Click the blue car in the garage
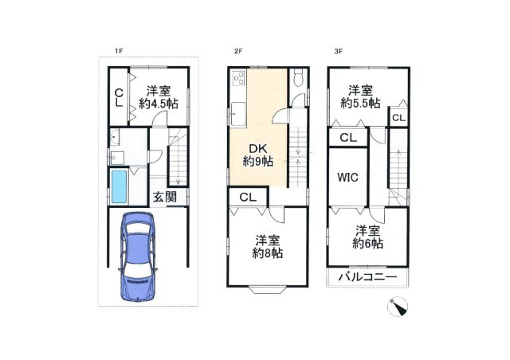[x=138, y=256]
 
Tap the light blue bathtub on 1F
[x=119, y=186]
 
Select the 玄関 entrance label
[x=165, y=197]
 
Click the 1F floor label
[x=118, y=51]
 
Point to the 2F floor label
[x=238, y=51]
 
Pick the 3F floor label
[x=338, y=51]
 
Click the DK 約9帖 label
[x=258, y=155]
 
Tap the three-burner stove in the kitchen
[x=239, y=78]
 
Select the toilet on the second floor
[x=298, y=78]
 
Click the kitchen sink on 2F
[x=238, y=114]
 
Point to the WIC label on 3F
[x=347, y=178]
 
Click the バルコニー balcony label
[x=368, y=277]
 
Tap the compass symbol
[x=398, y=307]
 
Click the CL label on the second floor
[x=248, y=197]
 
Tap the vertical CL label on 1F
[x=119, y=98]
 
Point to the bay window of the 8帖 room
[x=268, y=289]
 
